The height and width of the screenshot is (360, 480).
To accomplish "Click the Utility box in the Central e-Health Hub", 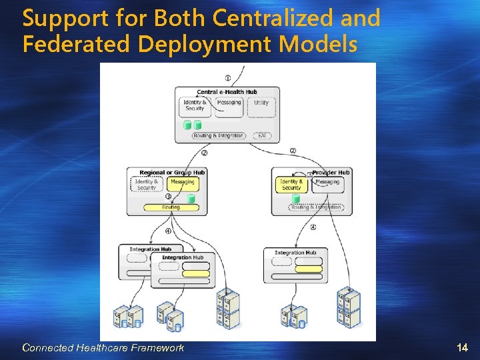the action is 261,106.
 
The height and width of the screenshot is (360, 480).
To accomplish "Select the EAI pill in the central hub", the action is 261,135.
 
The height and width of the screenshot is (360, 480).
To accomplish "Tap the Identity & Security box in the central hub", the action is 195,106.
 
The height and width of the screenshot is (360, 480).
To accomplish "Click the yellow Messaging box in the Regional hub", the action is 183,184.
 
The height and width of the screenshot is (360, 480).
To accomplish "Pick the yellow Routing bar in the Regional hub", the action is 171,207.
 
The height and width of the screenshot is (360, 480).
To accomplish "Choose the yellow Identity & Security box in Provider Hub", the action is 291,185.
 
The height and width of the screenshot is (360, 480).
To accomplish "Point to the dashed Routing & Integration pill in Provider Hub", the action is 316,207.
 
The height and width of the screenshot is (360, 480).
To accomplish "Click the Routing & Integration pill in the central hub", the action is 219,135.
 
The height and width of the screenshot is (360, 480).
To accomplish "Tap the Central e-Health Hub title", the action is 227,92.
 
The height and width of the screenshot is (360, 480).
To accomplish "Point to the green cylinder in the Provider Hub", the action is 296,198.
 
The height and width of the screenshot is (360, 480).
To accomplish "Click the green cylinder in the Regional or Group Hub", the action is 191,198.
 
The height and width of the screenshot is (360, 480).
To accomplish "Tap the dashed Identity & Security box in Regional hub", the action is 147,184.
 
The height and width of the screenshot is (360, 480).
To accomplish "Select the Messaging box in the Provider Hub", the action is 327,184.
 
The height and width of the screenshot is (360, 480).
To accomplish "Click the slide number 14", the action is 463,347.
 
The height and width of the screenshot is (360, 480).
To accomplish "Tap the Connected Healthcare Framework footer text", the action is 103,347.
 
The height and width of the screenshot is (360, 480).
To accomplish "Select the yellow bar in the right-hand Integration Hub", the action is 308,269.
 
